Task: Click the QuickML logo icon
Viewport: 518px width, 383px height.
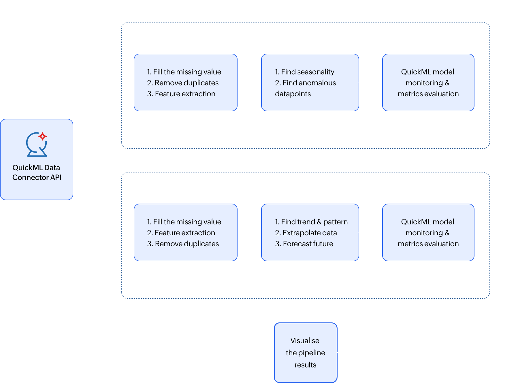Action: [x=37, y=144]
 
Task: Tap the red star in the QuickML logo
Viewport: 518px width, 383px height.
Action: [x=43, y=136]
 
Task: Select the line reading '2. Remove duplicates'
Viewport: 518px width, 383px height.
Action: [x=183, y=83]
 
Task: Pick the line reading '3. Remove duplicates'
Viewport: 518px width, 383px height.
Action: [x=183, y=244]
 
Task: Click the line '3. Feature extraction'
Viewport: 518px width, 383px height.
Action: [x=181, y=94]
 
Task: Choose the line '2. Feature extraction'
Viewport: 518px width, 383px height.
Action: [x=181, y=233]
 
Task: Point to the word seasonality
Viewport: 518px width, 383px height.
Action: [x=316, y=72]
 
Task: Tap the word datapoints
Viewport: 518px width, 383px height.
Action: [x=293, y=94]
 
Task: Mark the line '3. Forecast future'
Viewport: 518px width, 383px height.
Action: [x=304, y=244]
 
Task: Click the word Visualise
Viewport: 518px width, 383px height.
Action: [x=305, y=341]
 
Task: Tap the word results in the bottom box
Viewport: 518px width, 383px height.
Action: [x=306, y=365]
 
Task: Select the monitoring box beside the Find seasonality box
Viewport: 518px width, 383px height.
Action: [x=428, y=82]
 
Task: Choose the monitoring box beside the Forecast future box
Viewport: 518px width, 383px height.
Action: [x=428, y=232]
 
